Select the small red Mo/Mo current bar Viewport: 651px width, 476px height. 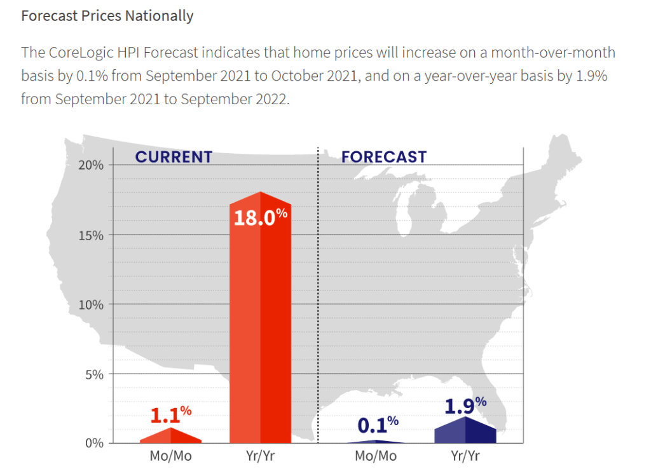click(x=170, y=437)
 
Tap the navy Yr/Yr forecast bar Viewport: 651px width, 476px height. click(x=465, y=432)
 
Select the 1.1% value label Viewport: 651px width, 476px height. click(x=170, y=414)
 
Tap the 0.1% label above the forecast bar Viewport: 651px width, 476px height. click(x=377, y=422)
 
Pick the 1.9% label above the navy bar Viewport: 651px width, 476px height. click(x=465, y=405)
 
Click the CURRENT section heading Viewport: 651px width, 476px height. click(x=174, y=157)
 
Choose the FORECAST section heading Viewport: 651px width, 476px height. click(x=384, y=157)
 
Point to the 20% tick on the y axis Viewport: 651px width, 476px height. click(x=91, y=165)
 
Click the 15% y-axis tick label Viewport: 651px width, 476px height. click(x=91, y=235)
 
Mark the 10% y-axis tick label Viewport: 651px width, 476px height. click(x=91, y=304)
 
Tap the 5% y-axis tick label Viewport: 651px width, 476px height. click(x=94, y=374)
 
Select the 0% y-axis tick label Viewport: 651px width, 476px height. click(x=94, y=444)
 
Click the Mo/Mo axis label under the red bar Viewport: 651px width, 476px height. click(x=170, y=456)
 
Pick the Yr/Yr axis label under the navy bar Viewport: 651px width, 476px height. click(x=465, y=456)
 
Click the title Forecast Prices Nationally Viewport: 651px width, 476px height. click(x=107, y=16)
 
